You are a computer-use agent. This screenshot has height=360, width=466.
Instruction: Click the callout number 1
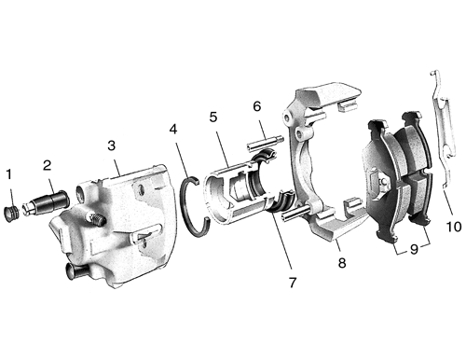pyautogui.click(x=9, y=174)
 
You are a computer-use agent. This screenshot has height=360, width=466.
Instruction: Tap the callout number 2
pyautogui.click(x=47, y=165)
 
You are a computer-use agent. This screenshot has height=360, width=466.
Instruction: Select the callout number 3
pyautogui.click(x=112, y=145)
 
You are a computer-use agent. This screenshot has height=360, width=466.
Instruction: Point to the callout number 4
pyautogui.click(x=173, y=129)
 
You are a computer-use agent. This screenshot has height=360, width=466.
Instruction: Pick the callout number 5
pyautogui.click(x=213, y=117)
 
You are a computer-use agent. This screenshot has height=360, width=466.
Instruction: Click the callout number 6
pyautogui.click(x=257, y=106)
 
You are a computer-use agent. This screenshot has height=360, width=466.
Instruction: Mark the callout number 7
pyautogui.click(x=293, y=283)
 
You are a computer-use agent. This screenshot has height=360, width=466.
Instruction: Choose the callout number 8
pyautogui.click(x=342, y=263)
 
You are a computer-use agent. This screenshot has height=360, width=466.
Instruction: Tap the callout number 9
pyautogui.click(x=414, y=249)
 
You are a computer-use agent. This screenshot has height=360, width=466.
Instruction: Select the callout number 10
pyautogui.click(x=454, y=227)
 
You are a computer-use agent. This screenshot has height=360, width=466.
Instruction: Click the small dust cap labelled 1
pyautogui.click(x=12, y=214)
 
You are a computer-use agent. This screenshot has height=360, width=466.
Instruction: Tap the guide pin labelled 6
pyautogui.click(x=265, y=144)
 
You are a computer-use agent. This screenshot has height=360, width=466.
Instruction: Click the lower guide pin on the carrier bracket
pyautogui.click(x=295, y=212)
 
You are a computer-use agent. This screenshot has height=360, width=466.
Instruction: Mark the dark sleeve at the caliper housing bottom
pyautogui.click(x=76, y=270)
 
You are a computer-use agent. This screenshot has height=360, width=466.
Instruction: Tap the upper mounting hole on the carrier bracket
pyautogui.click(x=287, y=119)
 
